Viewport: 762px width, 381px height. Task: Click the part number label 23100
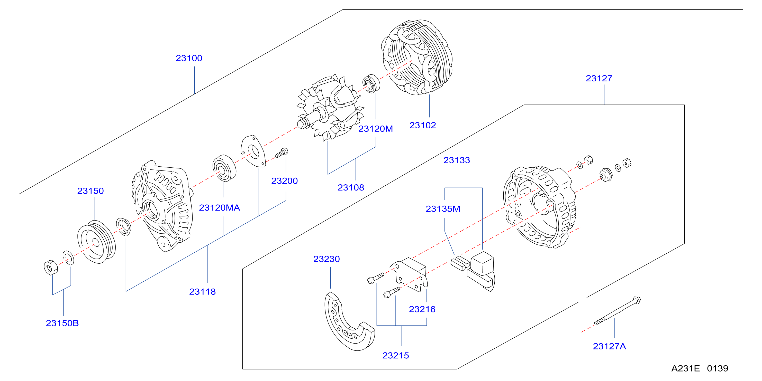click(189, 58)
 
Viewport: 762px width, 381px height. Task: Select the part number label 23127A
click(609, 346)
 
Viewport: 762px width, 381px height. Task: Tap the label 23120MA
click(219, 208)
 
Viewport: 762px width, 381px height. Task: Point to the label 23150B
click(62, 323)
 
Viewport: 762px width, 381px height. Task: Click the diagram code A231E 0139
click(700, 368)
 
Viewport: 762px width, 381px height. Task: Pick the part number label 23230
click(326, 259)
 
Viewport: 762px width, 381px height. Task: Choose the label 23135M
click(443, 209)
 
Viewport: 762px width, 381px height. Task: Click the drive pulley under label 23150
click(96, 242)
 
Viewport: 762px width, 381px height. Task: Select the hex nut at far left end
click(50, 267)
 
